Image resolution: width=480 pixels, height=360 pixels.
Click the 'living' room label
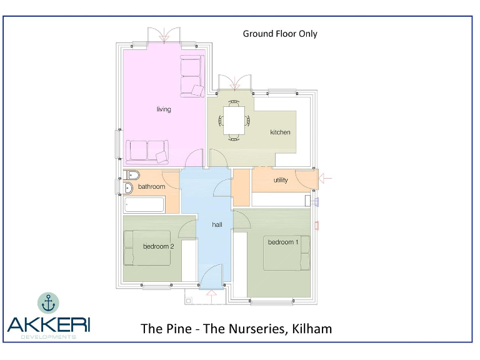(x=164, y=109)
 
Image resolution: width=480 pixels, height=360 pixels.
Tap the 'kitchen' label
(x=280, y=132)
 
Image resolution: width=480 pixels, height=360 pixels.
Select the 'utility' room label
(x=281, y=180)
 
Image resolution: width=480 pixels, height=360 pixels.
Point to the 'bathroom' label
(x=151, y=187)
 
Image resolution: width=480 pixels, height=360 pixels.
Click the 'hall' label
(x=217, y=224)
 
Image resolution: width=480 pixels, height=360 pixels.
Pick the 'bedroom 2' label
(x=158, y=246)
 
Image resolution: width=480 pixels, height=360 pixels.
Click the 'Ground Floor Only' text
(x=280, y=34)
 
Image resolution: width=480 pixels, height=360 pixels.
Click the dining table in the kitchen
(x=234, y=119)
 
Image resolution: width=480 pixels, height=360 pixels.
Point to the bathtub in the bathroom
(x=144, y=204)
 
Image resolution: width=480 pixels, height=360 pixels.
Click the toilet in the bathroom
(x=132, y=174)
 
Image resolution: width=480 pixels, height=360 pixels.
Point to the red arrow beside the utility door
(x=326, y=179)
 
